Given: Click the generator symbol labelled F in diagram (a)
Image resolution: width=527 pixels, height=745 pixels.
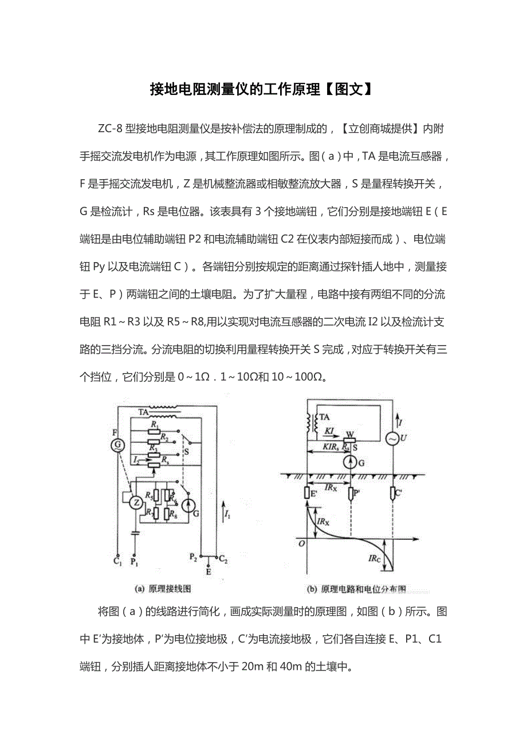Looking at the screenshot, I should click(x=117, y=445).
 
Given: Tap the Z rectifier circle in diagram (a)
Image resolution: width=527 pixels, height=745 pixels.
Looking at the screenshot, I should click(x=136, y=502).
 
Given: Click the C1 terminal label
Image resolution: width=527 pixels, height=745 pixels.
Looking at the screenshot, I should click(x=117, y=561).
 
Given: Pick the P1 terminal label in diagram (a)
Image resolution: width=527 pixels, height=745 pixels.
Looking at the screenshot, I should click(x=136, y=562).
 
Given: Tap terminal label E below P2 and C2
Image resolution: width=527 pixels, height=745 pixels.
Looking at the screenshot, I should click(x=208, y=570).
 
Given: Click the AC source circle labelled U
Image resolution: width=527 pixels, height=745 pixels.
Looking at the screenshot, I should click(x=394, y=438).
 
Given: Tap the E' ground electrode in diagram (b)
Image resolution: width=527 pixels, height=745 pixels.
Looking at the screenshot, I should click(x=308, y=492).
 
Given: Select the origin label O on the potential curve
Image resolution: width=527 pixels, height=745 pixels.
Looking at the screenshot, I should click(x=301, y=543).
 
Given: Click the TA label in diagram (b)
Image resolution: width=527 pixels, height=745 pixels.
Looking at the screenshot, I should click(x=324, y=417).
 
